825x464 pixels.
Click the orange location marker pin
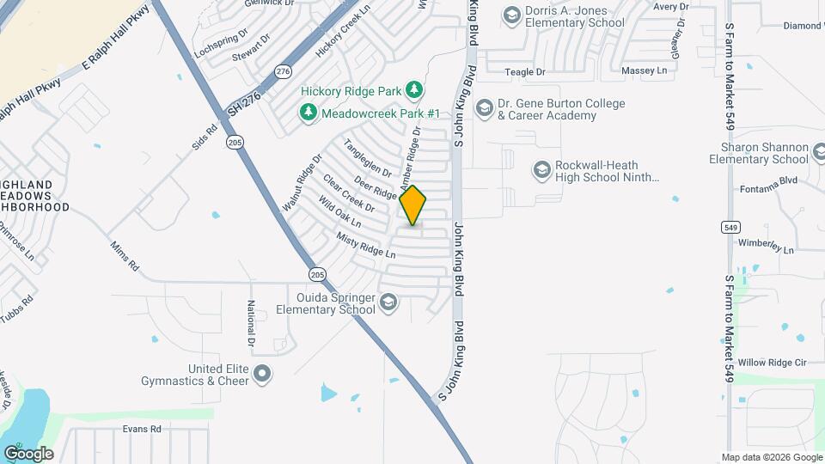[x=413, y=205]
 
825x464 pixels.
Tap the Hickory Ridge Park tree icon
[x=414, y=89]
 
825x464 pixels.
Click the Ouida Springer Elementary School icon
[x=389, y=302]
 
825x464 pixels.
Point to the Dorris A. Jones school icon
[x=512, y=15]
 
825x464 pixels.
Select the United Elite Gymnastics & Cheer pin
[x=263, y=374]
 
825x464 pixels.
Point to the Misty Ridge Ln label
[x=365, y=246]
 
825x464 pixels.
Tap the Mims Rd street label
[x=124, y=256]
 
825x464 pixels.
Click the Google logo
[x=28, y=453]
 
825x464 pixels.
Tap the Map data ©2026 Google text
[x=771, y=456]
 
